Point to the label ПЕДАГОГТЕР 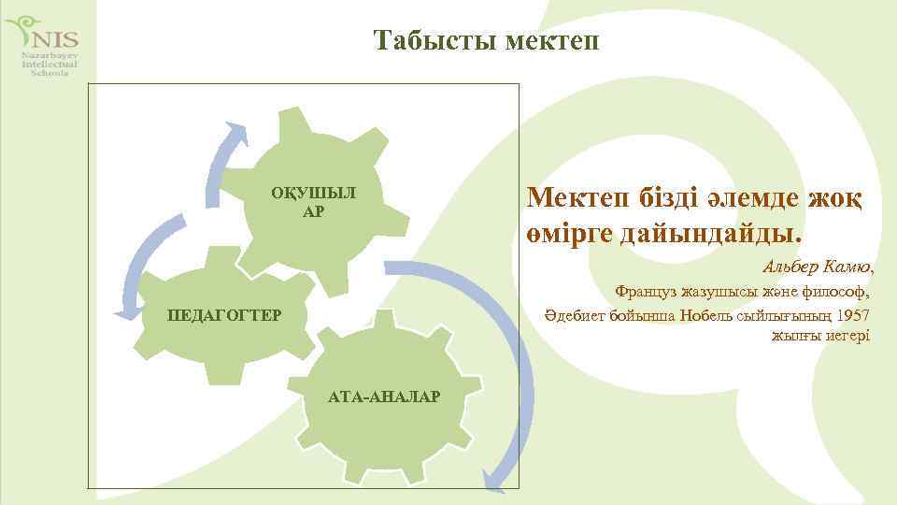coord(223,314)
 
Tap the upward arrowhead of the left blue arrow coord(237,133)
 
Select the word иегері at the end coord(847,336)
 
